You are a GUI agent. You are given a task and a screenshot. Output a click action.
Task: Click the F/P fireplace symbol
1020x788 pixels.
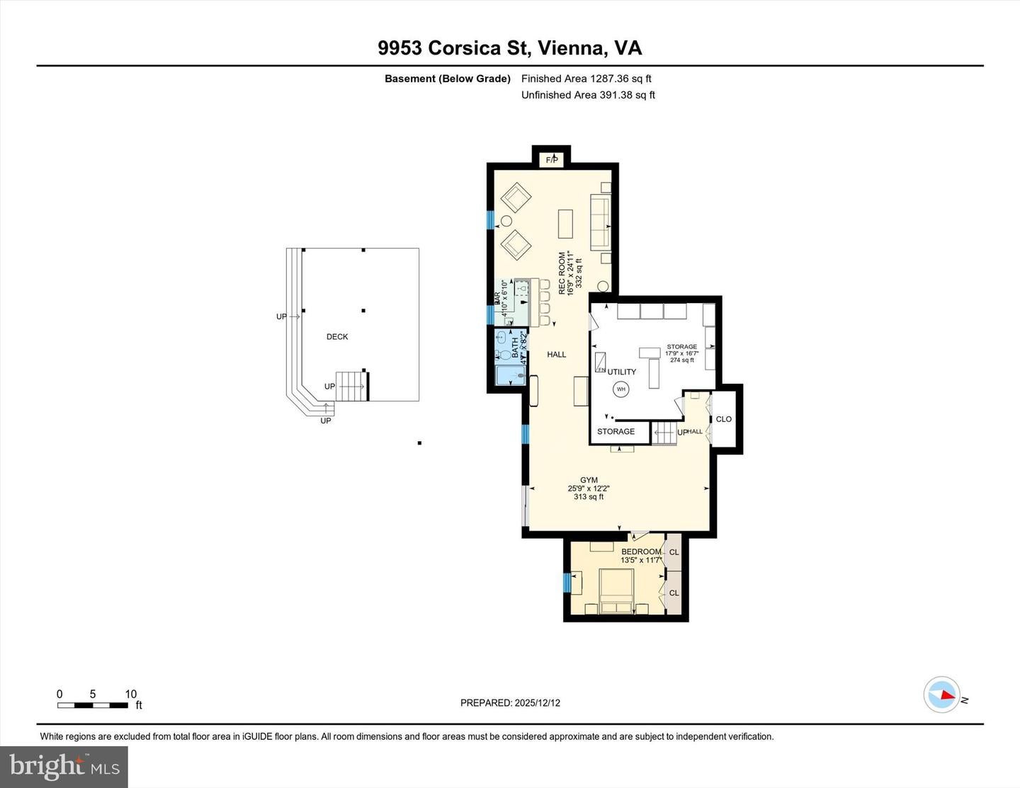pyautogui.click(x=552, y=161)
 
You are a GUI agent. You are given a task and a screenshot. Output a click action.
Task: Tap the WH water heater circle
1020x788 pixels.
pyautogui.click(x=621, y=389)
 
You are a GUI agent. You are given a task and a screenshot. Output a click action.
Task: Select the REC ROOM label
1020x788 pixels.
pyautogui.click(x=562, y=273)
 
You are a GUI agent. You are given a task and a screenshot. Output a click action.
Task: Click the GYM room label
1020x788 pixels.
pyautogui.click(x=589, y=480)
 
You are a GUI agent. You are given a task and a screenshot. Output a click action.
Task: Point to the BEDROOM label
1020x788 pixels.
pyautogui.click(x=640, y=552)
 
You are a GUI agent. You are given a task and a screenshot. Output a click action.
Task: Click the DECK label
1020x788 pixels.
pyautogui.click(x=337, y=337)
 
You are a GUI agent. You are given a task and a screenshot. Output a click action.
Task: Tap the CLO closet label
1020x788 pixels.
pyautogui.click(x=723, y=419)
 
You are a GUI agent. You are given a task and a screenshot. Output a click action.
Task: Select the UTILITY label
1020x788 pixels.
pyautogui.click(x=621, y=372)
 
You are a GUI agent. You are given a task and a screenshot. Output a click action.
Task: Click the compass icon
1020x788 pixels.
pyautogui.click(x=942, y=695)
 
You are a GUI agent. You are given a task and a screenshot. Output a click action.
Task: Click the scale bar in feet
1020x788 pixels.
pyautogui.click(x=93, y=704)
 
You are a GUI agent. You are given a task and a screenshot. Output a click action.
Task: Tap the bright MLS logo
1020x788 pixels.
pyautogui.click(x=64, y=767)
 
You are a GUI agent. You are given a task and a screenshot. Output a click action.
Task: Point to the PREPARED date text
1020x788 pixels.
pyautogui.click(x=510, y=703)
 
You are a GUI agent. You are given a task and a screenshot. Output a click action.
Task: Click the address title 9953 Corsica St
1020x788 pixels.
pyautogui.click(x=509, y=48)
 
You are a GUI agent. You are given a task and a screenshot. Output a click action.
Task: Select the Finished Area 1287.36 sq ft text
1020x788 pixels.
pyautogui.click(x=586, y=79)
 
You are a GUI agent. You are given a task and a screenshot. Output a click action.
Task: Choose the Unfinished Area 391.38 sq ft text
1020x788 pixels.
pyautogui.click(x=588, y=95)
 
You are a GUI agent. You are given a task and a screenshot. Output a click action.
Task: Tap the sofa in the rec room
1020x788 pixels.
pyautogui.click(x=601, y=223)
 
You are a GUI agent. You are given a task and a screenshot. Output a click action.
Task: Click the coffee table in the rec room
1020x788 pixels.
pyautogui.click(x=565, y=223)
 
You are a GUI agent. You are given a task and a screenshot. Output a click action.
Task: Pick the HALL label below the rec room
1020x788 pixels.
pyautogui.click(x=557, y=354)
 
